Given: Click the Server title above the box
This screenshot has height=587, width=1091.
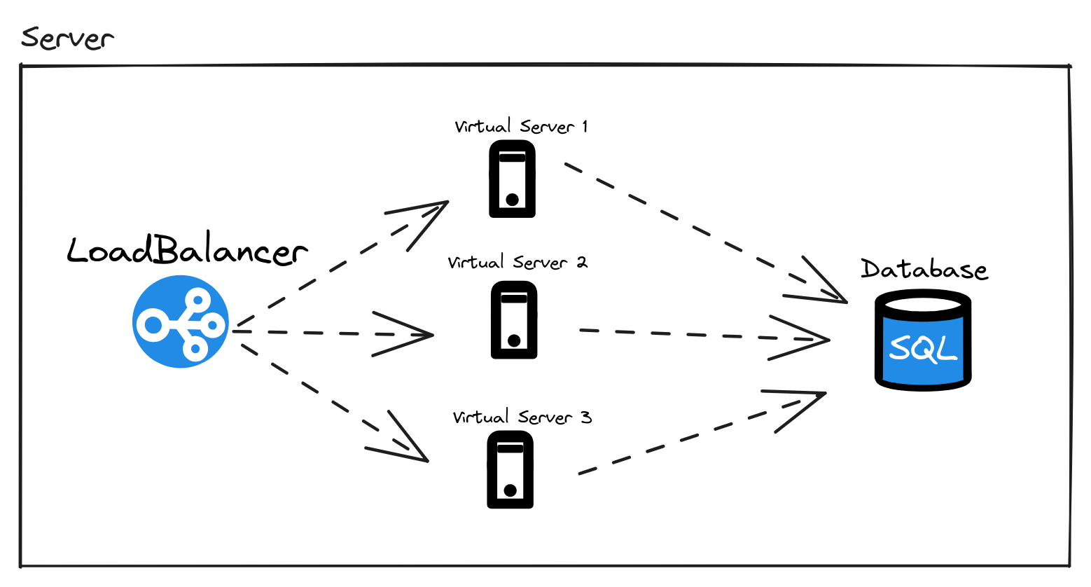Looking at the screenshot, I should point(67,38).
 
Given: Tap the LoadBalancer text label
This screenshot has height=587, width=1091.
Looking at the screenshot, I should point(187,251).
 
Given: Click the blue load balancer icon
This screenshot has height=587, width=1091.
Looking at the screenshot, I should point(181,322).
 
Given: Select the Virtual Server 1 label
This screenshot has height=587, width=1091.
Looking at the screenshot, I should point(521,127).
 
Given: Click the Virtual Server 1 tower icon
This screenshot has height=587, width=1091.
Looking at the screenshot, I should point(513,179).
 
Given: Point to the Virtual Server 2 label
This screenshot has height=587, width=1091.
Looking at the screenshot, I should point(517,263).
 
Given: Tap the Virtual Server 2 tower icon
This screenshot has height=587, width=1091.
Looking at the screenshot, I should point(514,320).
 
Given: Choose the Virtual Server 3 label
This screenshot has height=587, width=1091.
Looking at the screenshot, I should point(522,417).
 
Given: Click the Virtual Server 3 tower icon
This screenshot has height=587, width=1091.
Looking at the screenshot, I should point(510,469).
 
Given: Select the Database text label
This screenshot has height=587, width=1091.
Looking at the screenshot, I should point(924,270).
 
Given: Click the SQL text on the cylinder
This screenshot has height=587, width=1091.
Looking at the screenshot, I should point(922,347).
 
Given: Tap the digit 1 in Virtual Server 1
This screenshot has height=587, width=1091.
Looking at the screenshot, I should point(585,127).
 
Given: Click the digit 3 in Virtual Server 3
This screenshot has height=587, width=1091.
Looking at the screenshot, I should point(586,418).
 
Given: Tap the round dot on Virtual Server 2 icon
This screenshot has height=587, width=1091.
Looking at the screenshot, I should point(514,341).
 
